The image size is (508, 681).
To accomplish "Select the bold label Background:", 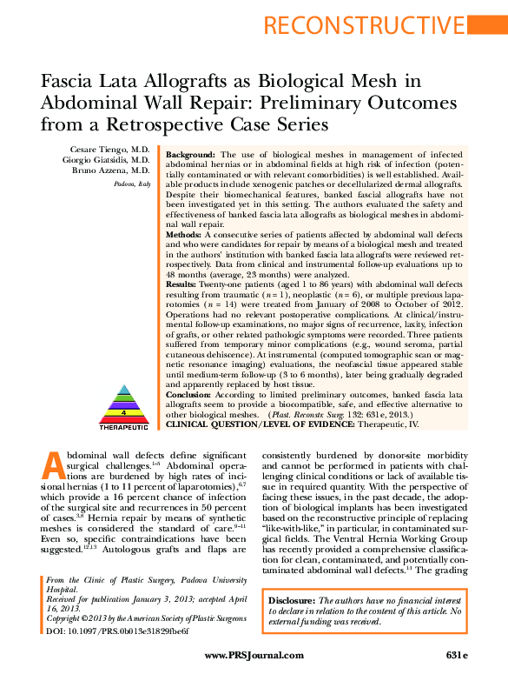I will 192,152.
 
